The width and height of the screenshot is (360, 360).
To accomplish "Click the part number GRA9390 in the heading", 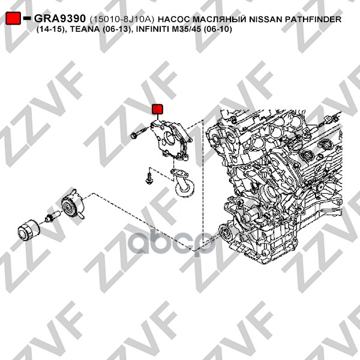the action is click(x=60, y=19).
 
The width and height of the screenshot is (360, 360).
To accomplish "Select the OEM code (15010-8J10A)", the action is click(x=122, y=19).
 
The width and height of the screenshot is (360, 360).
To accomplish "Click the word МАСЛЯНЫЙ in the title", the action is click(x=220, y=19).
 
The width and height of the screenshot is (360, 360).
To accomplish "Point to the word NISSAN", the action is click(x=266, y=19).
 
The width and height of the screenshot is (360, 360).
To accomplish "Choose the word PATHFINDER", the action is click(x=313, y=19).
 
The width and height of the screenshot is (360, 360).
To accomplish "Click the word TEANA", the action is click(x=85, y=29).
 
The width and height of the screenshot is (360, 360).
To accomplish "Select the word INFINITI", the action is click(x=152, y=29).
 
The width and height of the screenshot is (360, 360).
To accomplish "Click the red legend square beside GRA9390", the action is click(x=13, y=18).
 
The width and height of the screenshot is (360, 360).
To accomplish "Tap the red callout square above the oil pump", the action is click(x=157, y=109).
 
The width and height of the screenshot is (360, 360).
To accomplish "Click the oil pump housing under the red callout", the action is click(x=171, y=140).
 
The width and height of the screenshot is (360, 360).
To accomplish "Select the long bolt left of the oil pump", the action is click(x=139, y=133).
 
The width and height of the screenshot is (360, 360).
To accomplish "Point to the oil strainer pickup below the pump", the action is click(x=182, y=182).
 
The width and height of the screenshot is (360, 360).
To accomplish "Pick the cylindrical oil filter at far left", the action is click(x=29, y=230).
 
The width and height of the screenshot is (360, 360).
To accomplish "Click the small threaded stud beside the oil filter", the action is click(x=53, y=216).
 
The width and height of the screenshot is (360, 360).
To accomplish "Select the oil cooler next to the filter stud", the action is click(x=72, y=205).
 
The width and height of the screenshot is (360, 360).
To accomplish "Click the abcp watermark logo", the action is click(x=172, y=243).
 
